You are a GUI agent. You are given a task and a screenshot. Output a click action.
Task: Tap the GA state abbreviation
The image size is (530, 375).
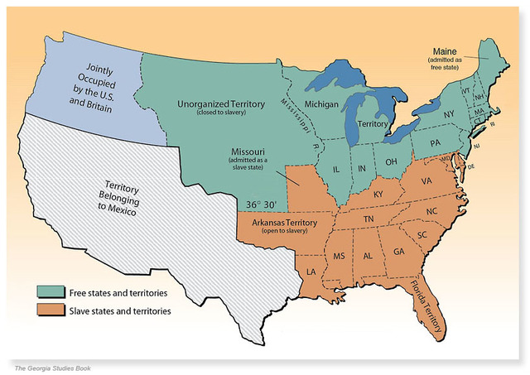click(x=399, y=252)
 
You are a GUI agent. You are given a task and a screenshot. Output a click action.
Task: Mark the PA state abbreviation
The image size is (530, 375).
click(x=435, y=143)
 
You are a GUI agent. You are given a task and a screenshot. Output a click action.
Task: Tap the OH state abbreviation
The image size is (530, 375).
click(x=392, y=161)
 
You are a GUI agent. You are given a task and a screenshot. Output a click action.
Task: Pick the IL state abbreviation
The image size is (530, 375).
click(x=337, y=168)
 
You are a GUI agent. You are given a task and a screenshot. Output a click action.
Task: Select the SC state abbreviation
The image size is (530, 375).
click(x=422, y=234)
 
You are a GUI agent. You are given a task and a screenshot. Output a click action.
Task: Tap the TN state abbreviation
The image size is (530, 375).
click(x=369, y=218)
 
